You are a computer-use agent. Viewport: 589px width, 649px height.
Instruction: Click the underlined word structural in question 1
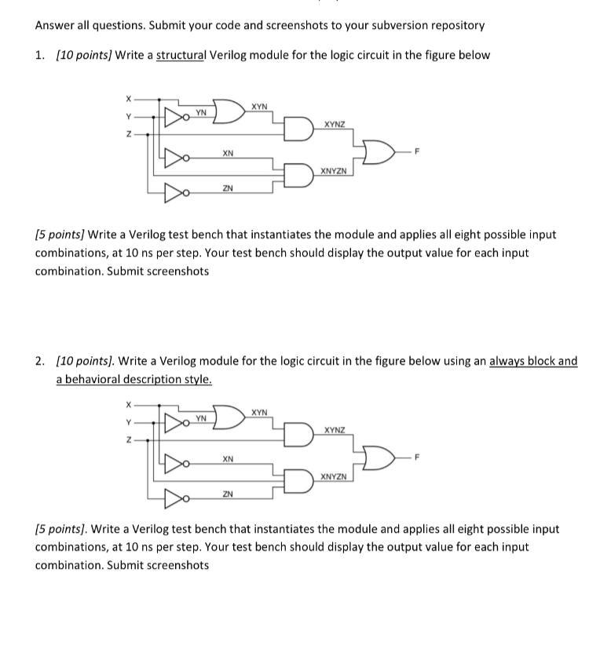pos(180,55)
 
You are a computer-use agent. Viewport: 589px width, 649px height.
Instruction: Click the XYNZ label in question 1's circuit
pos(334,124)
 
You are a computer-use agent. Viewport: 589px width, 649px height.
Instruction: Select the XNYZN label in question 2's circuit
pos(334,476)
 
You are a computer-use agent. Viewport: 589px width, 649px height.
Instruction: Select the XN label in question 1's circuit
pos(227,153)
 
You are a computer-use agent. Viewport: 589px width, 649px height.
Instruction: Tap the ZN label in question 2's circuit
pos(227,494)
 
